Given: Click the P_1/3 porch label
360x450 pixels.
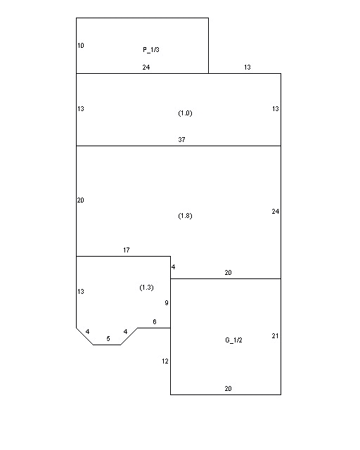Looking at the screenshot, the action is pyautogui.click(x=151, y=50).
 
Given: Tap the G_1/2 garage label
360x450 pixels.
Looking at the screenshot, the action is pyautogui.click(x=233, y=340).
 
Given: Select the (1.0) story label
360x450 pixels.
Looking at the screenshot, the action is pyautogui.click(x=185, y=113).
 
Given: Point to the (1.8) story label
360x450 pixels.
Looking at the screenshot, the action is pyautogui.click(x=185, y=216).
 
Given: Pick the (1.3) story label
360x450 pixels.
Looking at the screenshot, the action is pyautogui.click(x=146, y=288).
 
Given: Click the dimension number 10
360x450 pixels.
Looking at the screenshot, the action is pyautogui.click(x=81, y=45).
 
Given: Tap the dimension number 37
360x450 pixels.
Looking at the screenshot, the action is pyautogui.click(x=181, y=139).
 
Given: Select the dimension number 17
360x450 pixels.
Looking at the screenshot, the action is pyautogui.click(x=127, y=250).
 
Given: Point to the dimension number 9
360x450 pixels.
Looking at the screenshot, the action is pyautogui.click(x=167, y=303).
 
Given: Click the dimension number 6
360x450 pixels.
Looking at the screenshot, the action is pyautogui.click(x=155, y=322).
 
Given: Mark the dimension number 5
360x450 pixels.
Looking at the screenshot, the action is pyautogui.click(x=108, y=339).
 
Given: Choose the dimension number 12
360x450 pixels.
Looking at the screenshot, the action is pyautogui.click(x=165, y=361).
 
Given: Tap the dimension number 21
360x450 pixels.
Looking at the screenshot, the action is pyautogui.click(x=276, y=336).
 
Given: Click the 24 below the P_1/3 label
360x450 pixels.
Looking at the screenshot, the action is pyautogui.click(x=146, y=67).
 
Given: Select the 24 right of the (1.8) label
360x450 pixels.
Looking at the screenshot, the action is pyautogui.click(x=276, y=212).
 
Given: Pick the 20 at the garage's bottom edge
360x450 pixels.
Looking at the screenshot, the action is pyautogui.click(x=229, y=389).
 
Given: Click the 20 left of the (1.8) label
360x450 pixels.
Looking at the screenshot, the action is pyautogui.click(x=81, y=200).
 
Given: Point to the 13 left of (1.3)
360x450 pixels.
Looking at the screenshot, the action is pyautogui.click(x=81, y=292).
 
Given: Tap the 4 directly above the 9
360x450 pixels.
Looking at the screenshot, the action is pyautogui.click(x=173, y=267).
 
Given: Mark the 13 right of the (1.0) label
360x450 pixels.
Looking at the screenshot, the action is pyautogui.click(x=276, y=109).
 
